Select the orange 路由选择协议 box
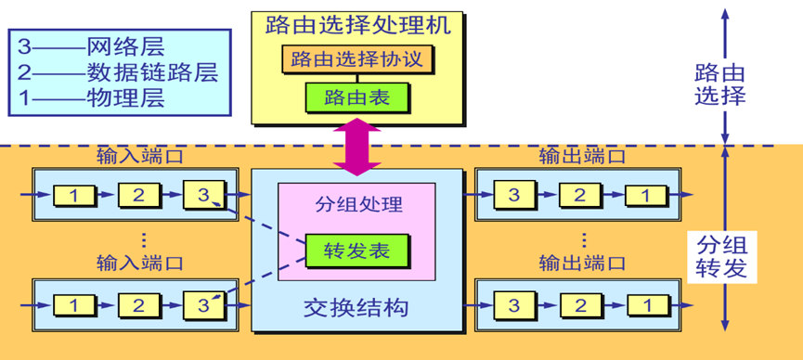tap(356, 60)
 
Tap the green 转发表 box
tap(356, 250)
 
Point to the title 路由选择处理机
tap(356, 24)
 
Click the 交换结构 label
tap(356, 306)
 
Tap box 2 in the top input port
tap(138, 195)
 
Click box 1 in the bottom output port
tap(646, 303)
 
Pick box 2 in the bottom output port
tap(580, 303)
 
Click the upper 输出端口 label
tap(581, 156)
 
